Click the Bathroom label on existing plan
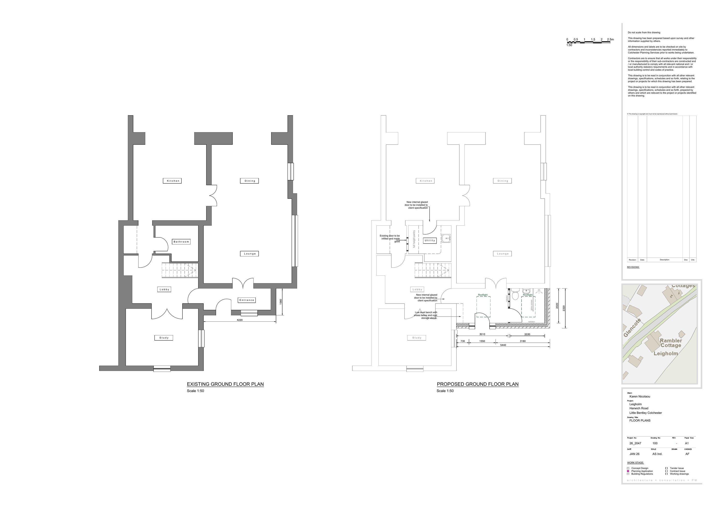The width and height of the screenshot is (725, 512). click(181, 242)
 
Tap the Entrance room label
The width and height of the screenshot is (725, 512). click(246, 300)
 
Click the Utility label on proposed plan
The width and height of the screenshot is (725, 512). click(430, 240)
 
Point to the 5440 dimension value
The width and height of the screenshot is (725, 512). click(503, 345)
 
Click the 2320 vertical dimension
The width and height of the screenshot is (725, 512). click(564, 308)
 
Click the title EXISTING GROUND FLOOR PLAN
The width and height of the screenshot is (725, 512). click(225, 384)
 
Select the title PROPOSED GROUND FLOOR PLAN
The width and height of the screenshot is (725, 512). click(478, 384)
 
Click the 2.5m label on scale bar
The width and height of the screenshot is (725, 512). click(610, 39)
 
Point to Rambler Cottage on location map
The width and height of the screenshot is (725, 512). click(670, 343)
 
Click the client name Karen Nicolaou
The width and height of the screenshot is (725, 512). click(640, 397)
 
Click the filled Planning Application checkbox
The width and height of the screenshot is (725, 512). click(628, 471)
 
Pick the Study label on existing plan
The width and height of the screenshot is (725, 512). click(164, 338)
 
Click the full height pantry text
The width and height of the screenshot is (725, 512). click(414, 239)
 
